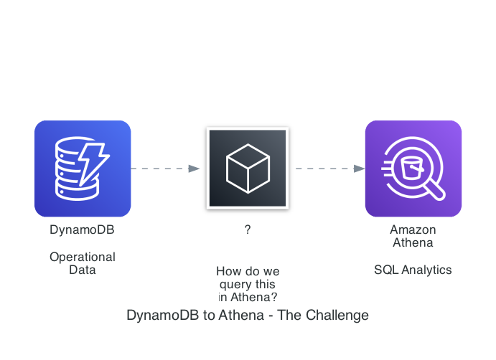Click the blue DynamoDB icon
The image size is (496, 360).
coord(83,169)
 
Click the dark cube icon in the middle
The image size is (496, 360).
coord(247,169)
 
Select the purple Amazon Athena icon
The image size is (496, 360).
coord(413,169)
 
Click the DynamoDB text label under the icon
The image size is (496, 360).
coord(82,230)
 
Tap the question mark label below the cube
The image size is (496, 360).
coord(247,230)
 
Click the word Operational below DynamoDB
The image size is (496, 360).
coord(82,257)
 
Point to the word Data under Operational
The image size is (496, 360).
coord(82,270)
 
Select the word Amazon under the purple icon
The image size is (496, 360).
coord(413,230)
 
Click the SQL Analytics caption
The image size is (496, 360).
coord(413,270)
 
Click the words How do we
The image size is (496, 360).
coord(247,272)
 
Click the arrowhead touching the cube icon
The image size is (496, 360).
coord(194,169)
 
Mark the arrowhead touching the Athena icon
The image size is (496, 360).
coord(360,169)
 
